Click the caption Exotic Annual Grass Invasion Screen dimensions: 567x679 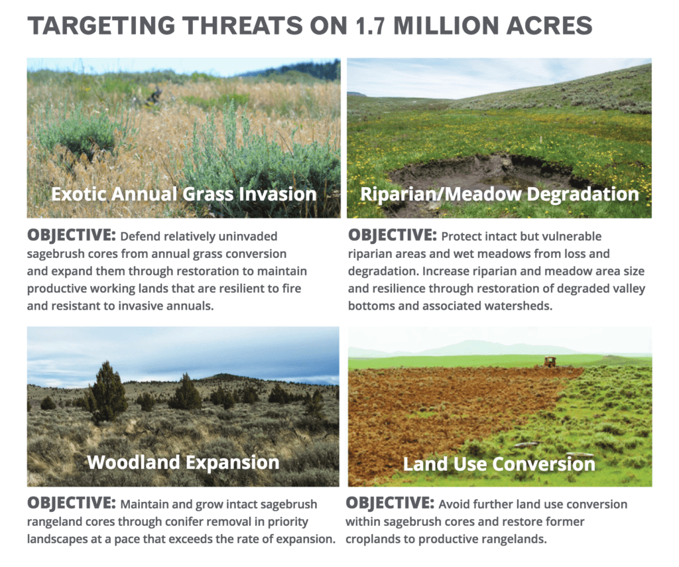184,194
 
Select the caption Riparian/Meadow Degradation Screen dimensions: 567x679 499,194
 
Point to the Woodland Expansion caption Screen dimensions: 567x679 183,462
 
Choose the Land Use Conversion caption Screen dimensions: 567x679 499,464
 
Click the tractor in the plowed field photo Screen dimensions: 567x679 550,361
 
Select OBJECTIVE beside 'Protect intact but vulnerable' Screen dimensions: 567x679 392,235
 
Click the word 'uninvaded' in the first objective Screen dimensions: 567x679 249,237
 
